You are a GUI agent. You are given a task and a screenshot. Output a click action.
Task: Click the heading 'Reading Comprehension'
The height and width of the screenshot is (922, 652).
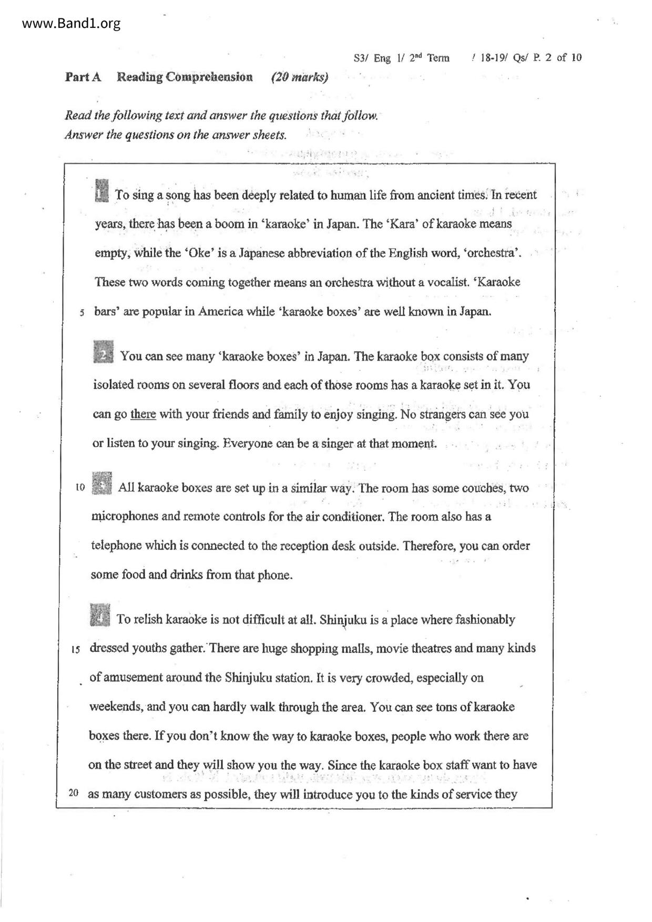(x=185, y=77)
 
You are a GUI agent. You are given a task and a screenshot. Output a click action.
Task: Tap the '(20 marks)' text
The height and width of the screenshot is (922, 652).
(x=300, y=78)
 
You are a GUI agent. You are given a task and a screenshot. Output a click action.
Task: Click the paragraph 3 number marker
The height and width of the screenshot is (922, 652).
(x=101, y=484)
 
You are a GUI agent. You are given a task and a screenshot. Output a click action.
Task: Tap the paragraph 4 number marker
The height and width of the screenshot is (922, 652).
(x=100, y=616)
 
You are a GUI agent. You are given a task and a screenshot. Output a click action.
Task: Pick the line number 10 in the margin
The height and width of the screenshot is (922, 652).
(x=80, y=487)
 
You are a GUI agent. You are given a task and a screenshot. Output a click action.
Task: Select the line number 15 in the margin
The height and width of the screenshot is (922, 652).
(x=75, y=650)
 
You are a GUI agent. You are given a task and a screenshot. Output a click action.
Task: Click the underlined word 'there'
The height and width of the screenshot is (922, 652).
(x=143, y=414)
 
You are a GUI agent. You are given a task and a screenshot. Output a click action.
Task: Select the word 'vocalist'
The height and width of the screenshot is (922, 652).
(x=445, y=282)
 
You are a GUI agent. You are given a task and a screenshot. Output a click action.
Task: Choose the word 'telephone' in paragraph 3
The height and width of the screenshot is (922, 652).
(x=116, y=546)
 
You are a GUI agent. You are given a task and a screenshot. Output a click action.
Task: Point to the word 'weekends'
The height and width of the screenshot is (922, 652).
(x=115, y=706)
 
